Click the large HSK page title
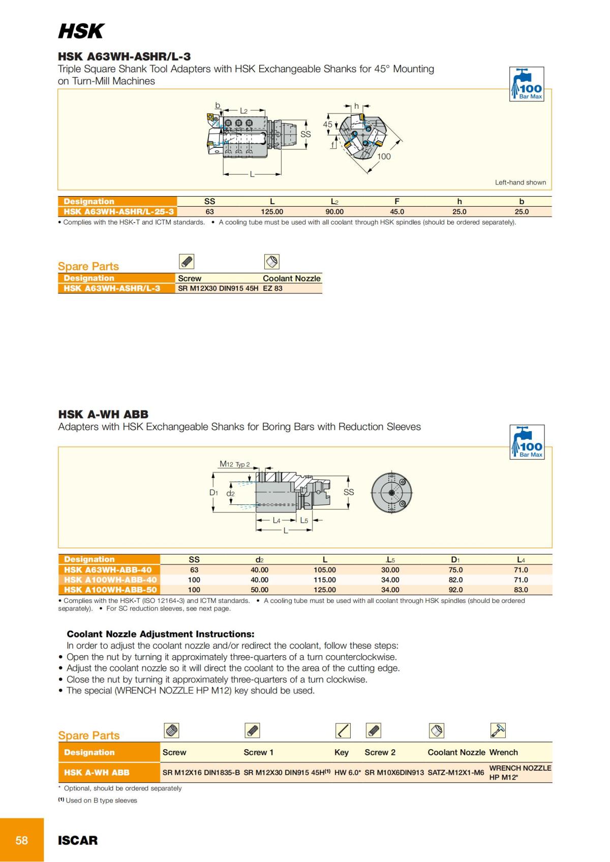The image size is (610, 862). click(81, 31)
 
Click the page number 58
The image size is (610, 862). click(22, 840)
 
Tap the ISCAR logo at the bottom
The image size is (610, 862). click(78, 841)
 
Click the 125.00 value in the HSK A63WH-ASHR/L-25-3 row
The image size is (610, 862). click(272, 212)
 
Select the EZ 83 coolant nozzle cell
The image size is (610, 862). click(272, 289)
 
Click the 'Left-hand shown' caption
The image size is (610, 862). click(520, 182)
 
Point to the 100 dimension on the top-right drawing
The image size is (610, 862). click(384, 156)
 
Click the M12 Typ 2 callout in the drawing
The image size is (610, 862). click(234, 464)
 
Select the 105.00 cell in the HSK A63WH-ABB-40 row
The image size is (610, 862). click(324, 570)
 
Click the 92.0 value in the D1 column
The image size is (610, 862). click(455, 590)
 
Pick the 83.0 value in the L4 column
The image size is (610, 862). click(521, 590)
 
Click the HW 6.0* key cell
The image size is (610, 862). click(348, 773)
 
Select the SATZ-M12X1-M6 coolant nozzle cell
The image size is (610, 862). click(455, 773)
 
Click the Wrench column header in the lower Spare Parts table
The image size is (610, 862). click(503, 752)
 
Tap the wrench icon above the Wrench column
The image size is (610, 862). click(498, 730)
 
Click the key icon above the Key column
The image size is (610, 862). click(343, 731)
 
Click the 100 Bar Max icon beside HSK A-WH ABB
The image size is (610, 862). click(527, 442)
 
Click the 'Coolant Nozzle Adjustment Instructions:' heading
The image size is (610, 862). click(161, 634)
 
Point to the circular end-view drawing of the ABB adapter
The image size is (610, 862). click(391, 493)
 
